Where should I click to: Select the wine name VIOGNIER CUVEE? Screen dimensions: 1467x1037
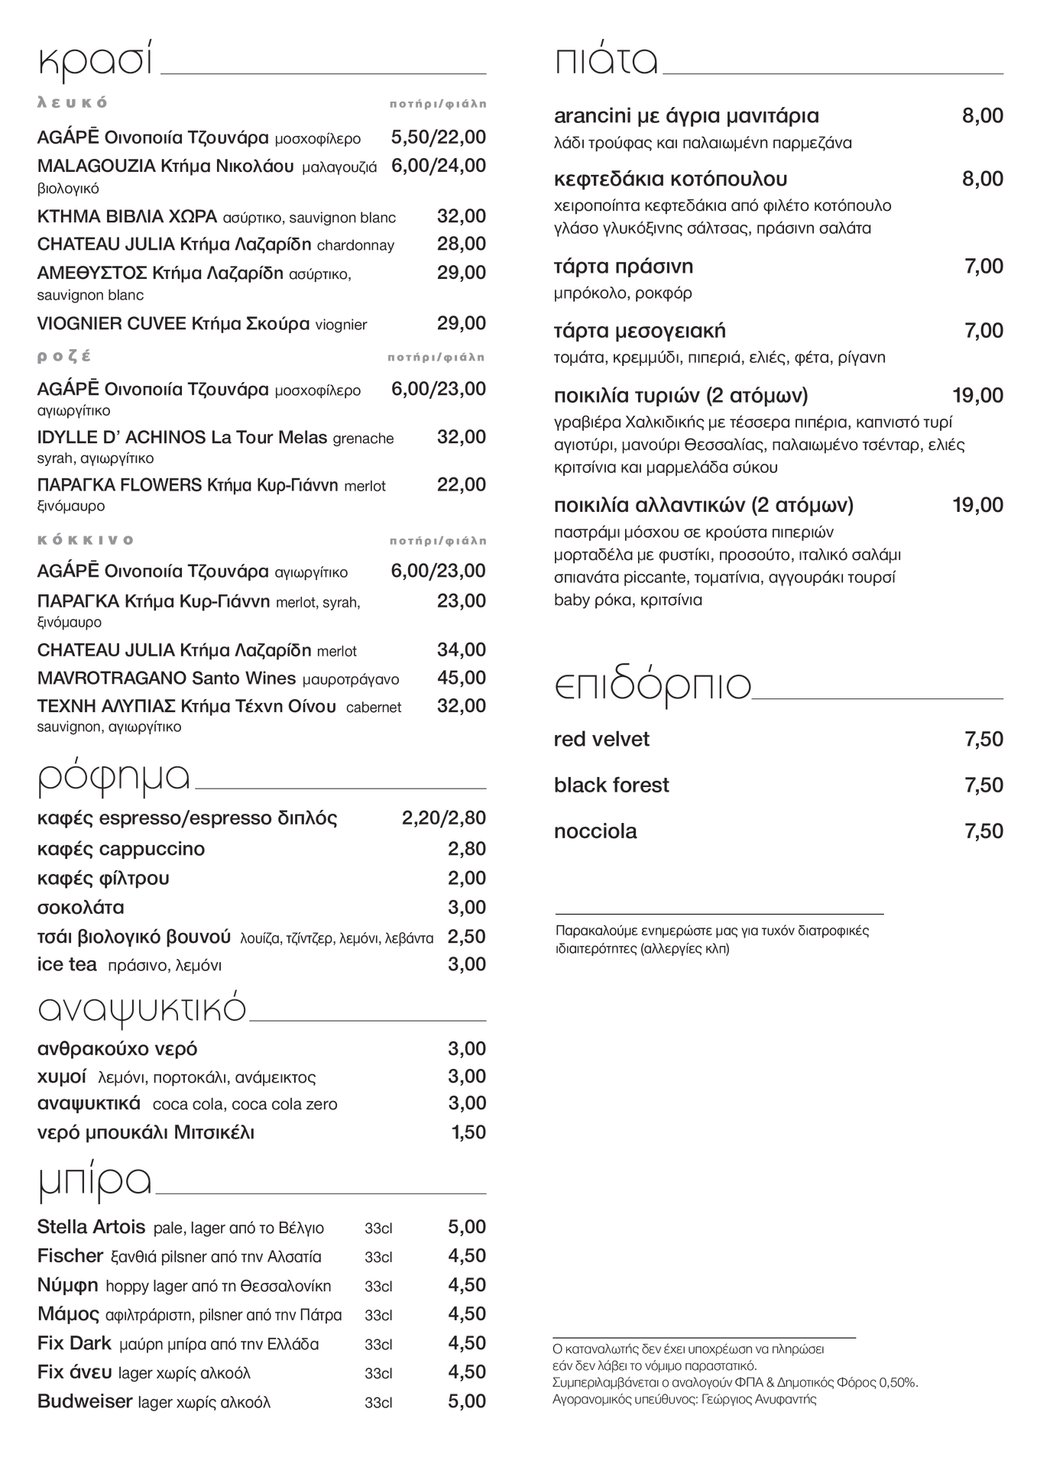tap(112, 323)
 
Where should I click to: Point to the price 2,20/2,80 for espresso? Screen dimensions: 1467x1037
tap(443, 818)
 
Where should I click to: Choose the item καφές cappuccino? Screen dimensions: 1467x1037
tap(121, 849)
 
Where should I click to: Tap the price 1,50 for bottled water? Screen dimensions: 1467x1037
tap(468, 1132)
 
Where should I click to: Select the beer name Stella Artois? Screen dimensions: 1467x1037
tap(91, 1227)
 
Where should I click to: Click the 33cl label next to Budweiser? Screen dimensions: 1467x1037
tap(378, 1402)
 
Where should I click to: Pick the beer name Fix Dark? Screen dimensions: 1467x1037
tap(74, 1343)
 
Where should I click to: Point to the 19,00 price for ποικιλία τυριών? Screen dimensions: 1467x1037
tap(977, 396)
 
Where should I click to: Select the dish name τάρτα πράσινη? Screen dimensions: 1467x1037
tap(623, 267)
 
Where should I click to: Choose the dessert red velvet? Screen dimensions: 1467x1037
tap(601, 740)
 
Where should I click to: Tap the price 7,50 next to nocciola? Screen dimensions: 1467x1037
tap(984, 831)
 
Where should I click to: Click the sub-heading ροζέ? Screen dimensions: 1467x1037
tap(64, 356)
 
